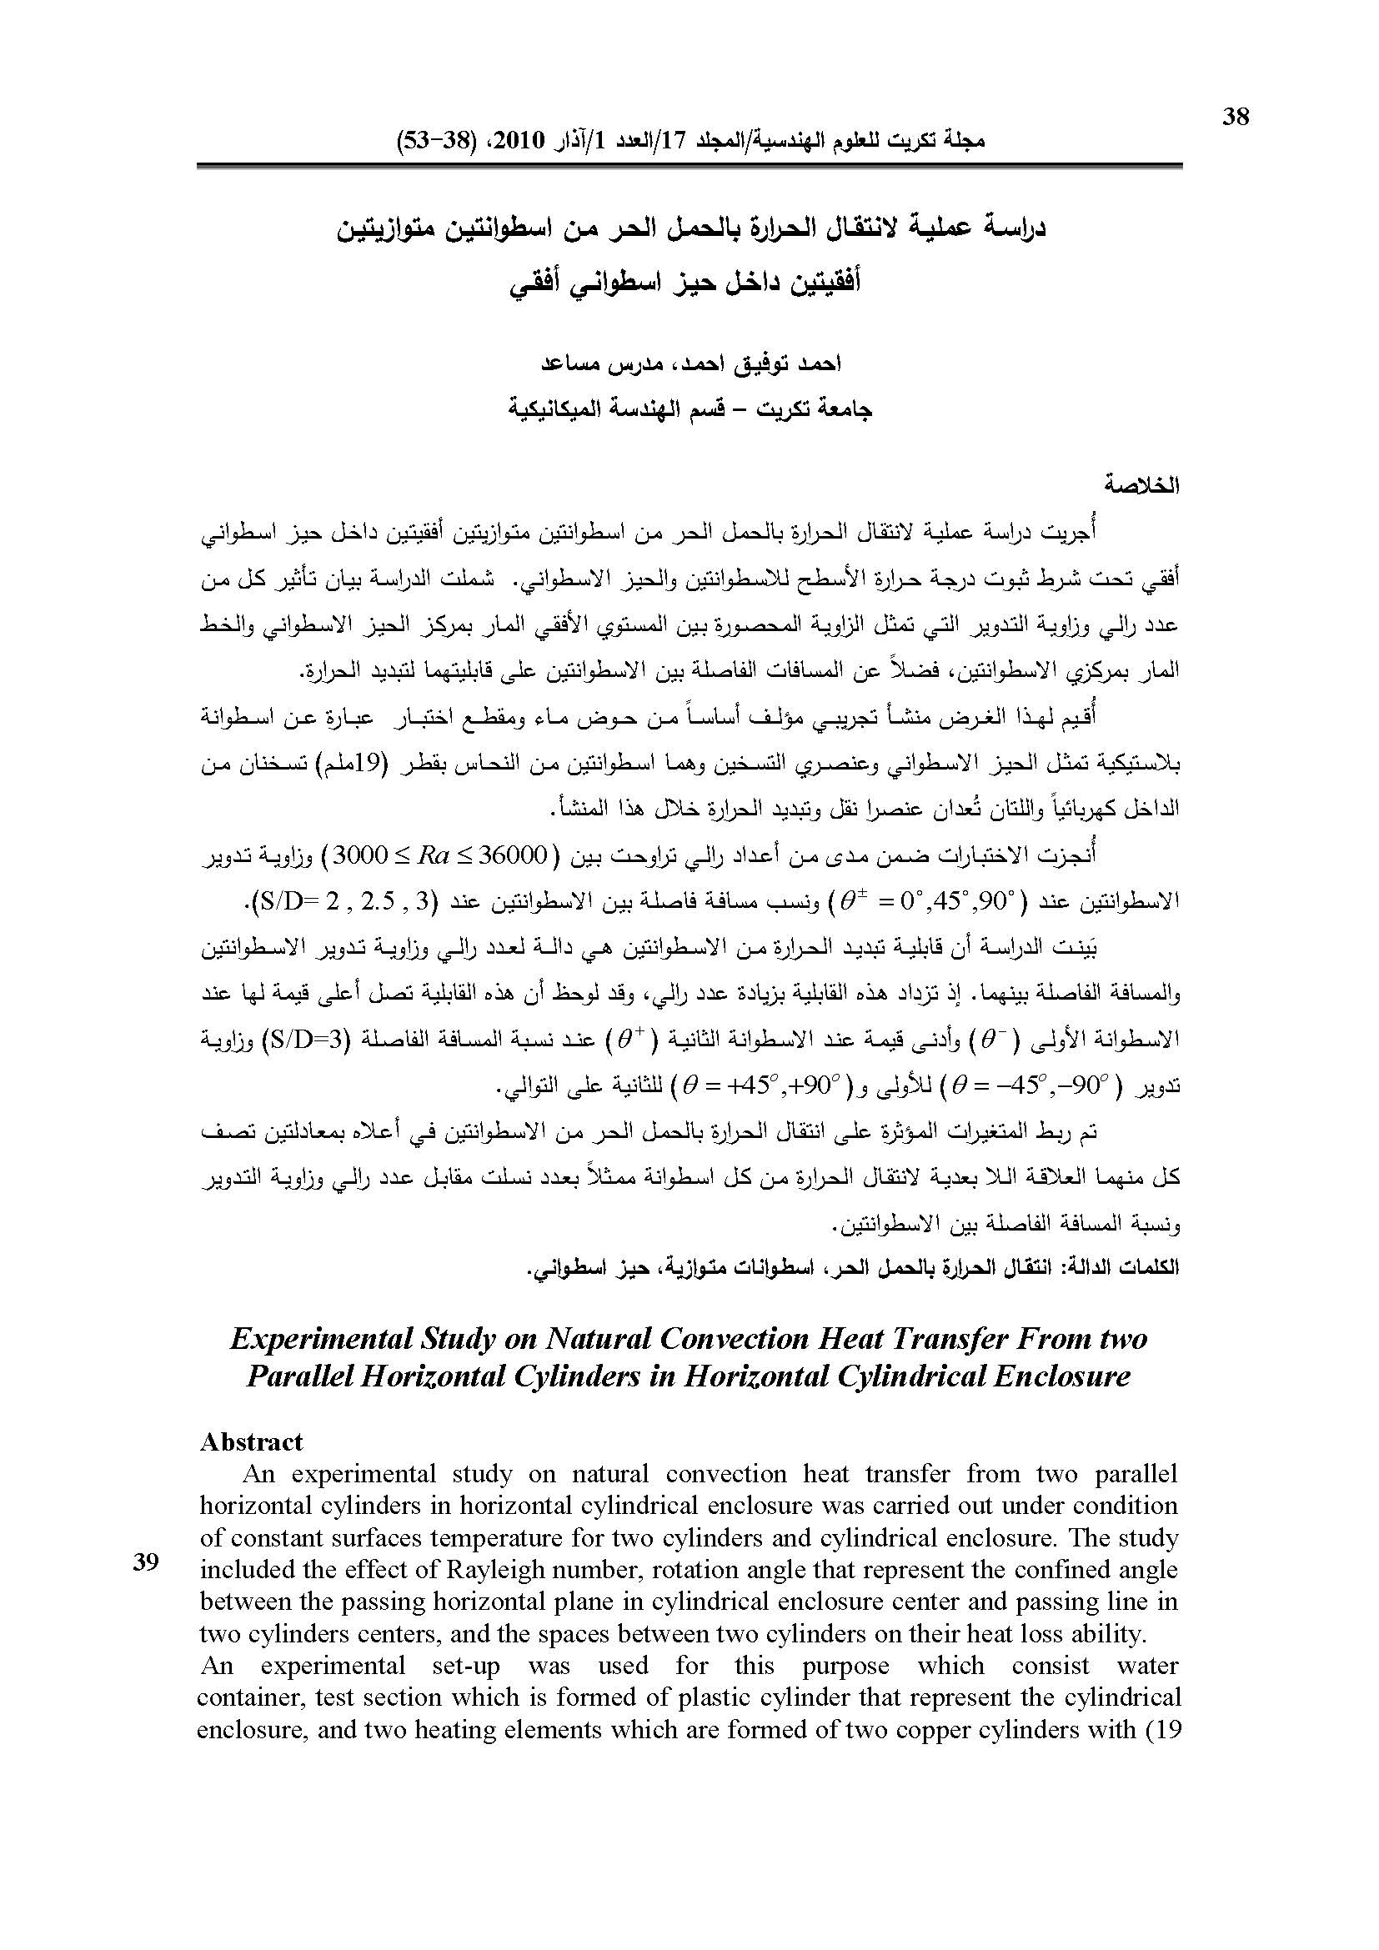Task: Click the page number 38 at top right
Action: [1236, 117]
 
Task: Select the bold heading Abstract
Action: [251, 1441]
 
